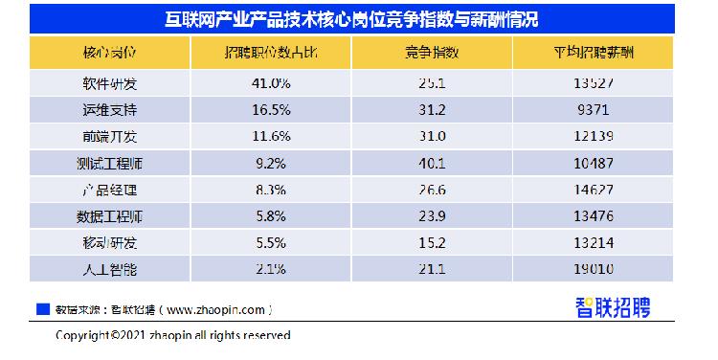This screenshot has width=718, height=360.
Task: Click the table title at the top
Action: pyautogui.click(x=358, y=19)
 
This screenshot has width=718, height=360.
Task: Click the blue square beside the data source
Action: pyautogui.click(x=41, y=309)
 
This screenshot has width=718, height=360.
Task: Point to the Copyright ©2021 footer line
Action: pyautogui.click(x=172, y=336)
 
